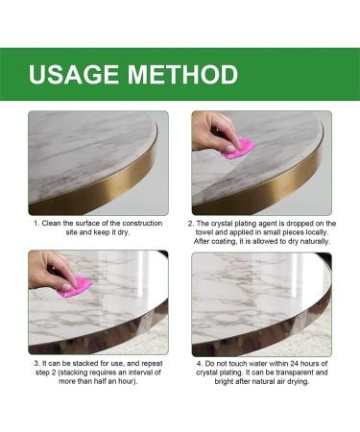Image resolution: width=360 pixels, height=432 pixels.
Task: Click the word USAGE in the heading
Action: [x=74, y=74]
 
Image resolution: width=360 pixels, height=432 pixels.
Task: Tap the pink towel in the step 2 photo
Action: [x=237, y=149]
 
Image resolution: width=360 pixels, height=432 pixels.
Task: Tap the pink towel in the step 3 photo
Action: [x=75, y=286]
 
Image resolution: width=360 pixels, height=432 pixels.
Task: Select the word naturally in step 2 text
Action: [x=312, y=243]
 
